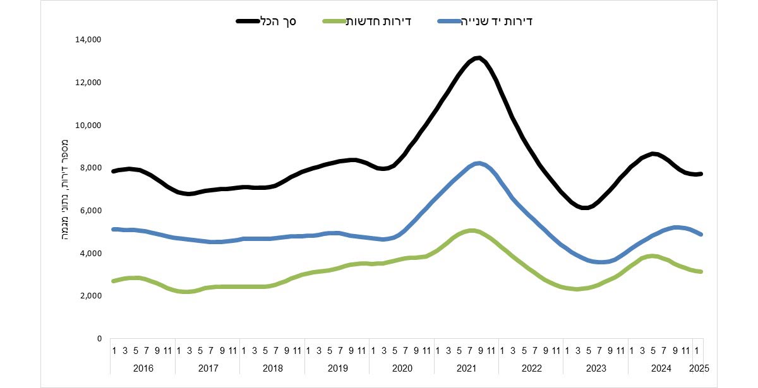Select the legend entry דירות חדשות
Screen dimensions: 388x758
coord(379,21)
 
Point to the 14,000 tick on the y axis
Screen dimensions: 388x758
coord(88,40)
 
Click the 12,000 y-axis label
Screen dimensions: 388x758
coord(88,83)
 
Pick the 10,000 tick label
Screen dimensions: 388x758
coord(88,125)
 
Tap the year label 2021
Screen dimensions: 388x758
coord(466,368)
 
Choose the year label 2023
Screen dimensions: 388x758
coord(596,368)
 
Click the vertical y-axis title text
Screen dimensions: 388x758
coord(64,189)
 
